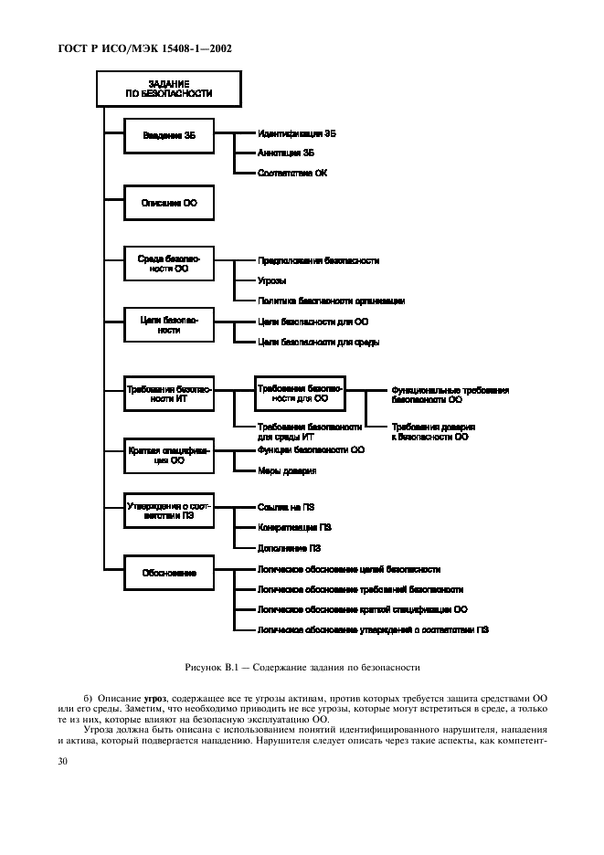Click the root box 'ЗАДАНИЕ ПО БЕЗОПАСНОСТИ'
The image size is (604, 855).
[x=168, y=89]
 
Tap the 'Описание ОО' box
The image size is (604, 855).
[x=168, y=202]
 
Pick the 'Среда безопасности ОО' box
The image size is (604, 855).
[x=168, y=265]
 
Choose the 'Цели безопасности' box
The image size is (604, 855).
[x=168, y=325]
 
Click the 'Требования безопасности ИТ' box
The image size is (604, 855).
[x=168, y=394]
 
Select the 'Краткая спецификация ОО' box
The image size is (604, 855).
[x=168, y=456]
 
